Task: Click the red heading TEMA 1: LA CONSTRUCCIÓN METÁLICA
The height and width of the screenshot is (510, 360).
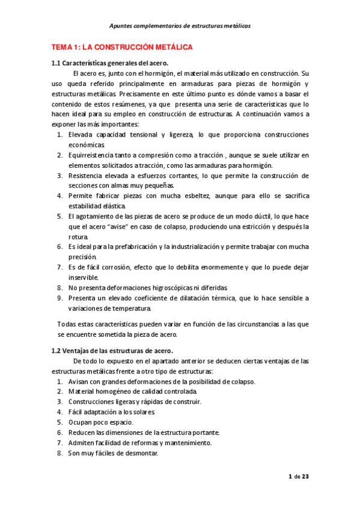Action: coord(121,47)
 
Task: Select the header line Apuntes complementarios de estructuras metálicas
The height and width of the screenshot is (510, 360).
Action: coord(180,26)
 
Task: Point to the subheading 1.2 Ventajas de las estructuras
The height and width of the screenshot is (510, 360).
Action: coord(112,351)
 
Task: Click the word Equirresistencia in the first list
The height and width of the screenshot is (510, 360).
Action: coord(93,155)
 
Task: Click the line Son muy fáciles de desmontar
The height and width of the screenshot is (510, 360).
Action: coord(113,453)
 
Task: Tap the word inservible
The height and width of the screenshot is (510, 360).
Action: coord(83,278)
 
